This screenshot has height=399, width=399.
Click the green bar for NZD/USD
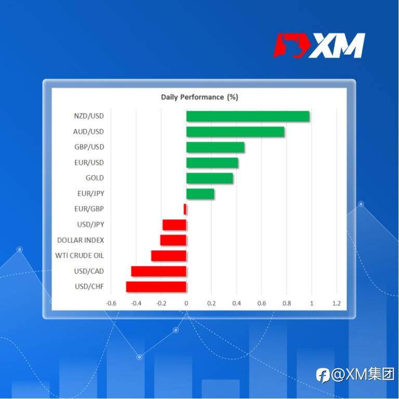(x=248, y=116)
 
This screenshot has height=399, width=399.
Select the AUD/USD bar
(x=235, y=132)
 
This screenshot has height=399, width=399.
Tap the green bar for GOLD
(x=210, y=178)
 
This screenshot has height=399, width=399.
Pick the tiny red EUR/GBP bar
(x=185, y=209)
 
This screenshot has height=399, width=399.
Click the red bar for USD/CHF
(x=156, y=287)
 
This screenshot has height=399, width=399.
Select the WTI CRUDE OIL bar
(x=169, y=256)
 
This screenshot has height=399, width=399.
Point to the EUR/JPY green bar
(x=200, y=194)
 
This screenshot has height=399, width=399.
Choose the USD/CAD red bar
(x=159, y=271)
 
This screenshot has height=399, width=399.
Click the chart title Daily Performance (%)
(x=199, y=97)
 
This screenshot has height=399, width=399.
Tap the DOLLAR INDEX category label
(x=81, y=240)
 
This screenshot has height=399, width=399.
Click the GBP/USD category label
(x=89, y=147)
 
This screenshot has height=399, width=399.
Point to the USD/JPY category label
(x=90, y=224)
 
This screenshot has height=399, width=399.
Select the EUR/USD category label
(x=89, y=163)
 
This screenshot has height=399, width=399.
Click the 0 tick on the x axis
(x=187, y=303)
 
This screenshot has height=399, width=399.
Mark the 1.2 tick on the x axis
(x=337, y=303)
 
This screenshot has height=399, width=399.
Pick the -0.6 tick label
(x=111, y=303)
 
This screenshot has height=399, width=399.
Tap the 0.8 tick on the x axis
(x=287, y=303)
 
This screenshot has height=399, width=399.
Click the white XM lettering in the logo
(x=337, y=46)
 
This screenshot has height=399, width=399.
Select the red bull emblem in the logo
(x=292, y=45)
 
